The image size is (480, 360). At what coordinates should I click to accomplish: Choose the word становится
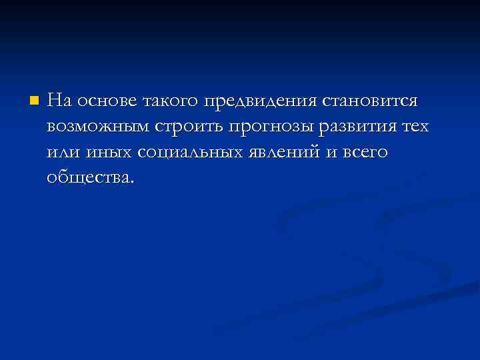371,101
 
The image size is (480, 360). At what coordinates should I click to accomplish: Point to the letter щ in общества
75,178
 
